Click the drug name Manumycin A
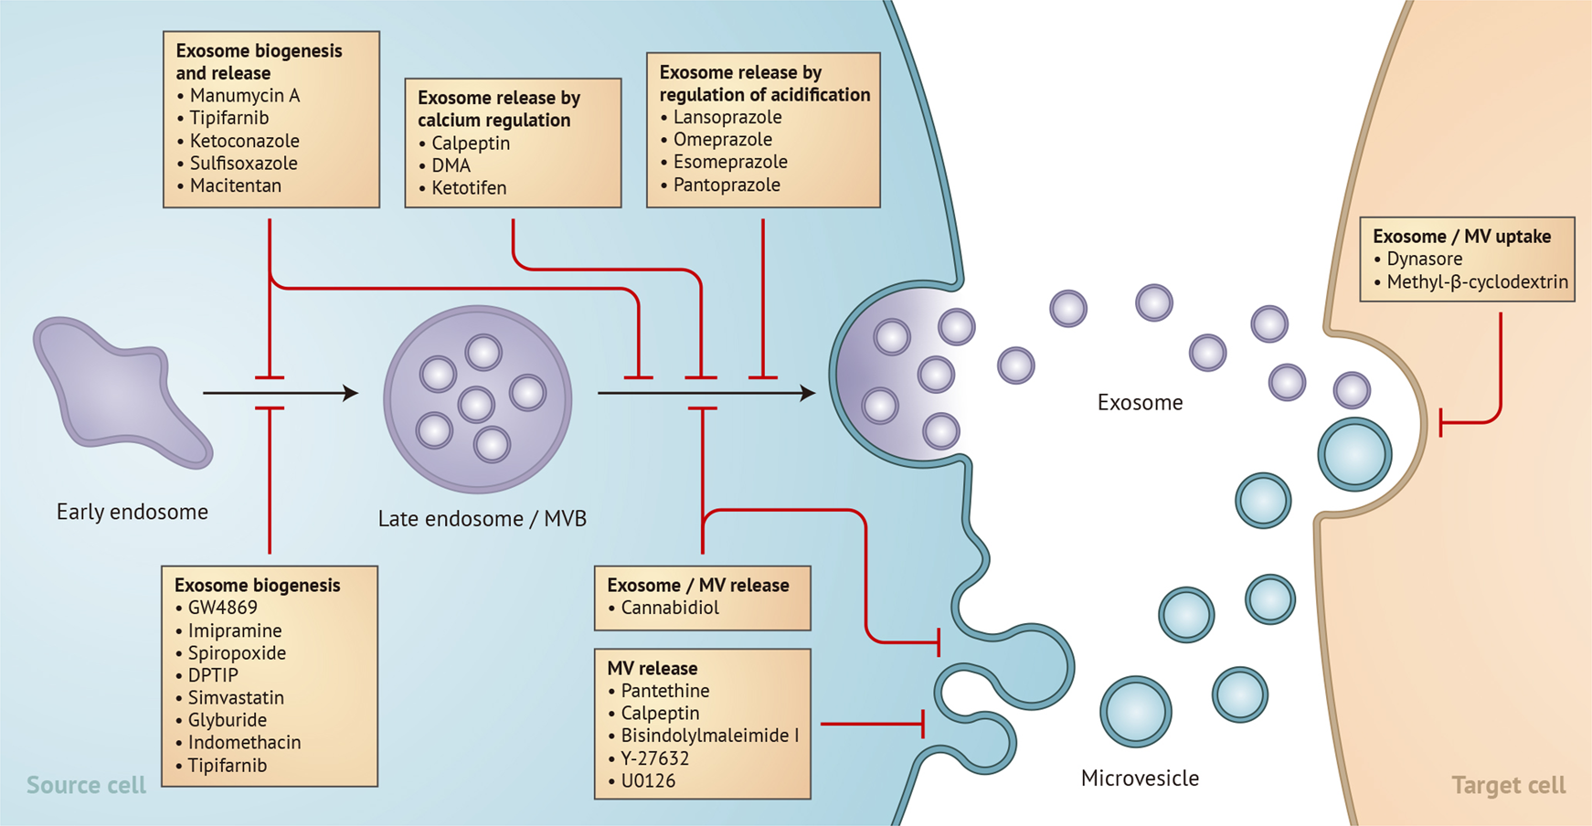pyautogui.click(x=245, y=96)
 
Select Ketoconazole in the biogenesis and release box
pyautogui.click(x=245, y=141)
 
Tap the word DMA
pyautogui.click(x=451, y=165)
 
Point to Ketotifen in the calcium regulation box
pyautogui.click(x=469, y=188)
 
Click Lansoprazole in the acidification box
pyautogui.click(x=727, y=118)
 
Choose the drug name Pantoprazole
pyautogui.click(x=727, y=185)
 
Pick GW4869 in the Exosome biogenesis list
pyautogui.click(x=223, y=609)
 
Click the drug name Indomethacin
pyautogui.click(x=244, y=743)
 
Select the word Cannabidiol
pyautogui.click(x=670, y=609)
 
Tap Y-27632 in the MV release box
pyautogui.click(x=655, y=758)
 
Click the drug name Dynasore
pyautogui.click(x=1425, y=259)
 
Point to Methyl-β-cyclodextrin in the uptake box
pyautogui.click(x=1478, y=282)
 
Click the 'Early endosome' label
pyautogui.click(x=133, y=512)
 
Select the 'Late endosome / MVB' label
pyautogui.click(x=483, y=519)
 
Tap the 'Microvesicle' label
pyautogui.click(x=1140, y=778)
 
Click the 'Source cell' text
pyautogui.click(x=86, y=786)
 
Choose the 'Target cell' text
pyautogui.click(x=1509, y=786)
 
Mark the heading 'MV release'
pyautogui.click(x=652, y=669)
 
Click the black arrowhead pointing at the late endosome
pyautogui.click(x=350, y=393)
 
